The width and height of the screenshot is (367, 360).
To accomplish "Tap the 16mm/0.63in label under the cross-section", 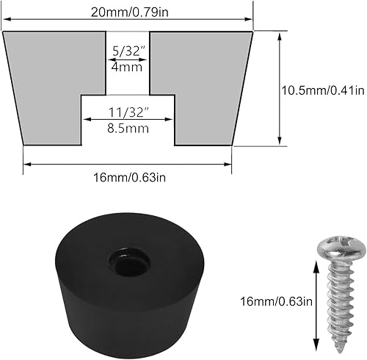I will tap(128, 177).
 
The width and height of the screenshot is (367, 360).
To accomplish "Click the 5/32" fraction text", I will tap(128, 51).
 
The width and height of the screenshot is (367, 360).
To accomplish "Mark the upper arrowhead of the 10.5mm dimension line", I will tap(280, 34).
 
